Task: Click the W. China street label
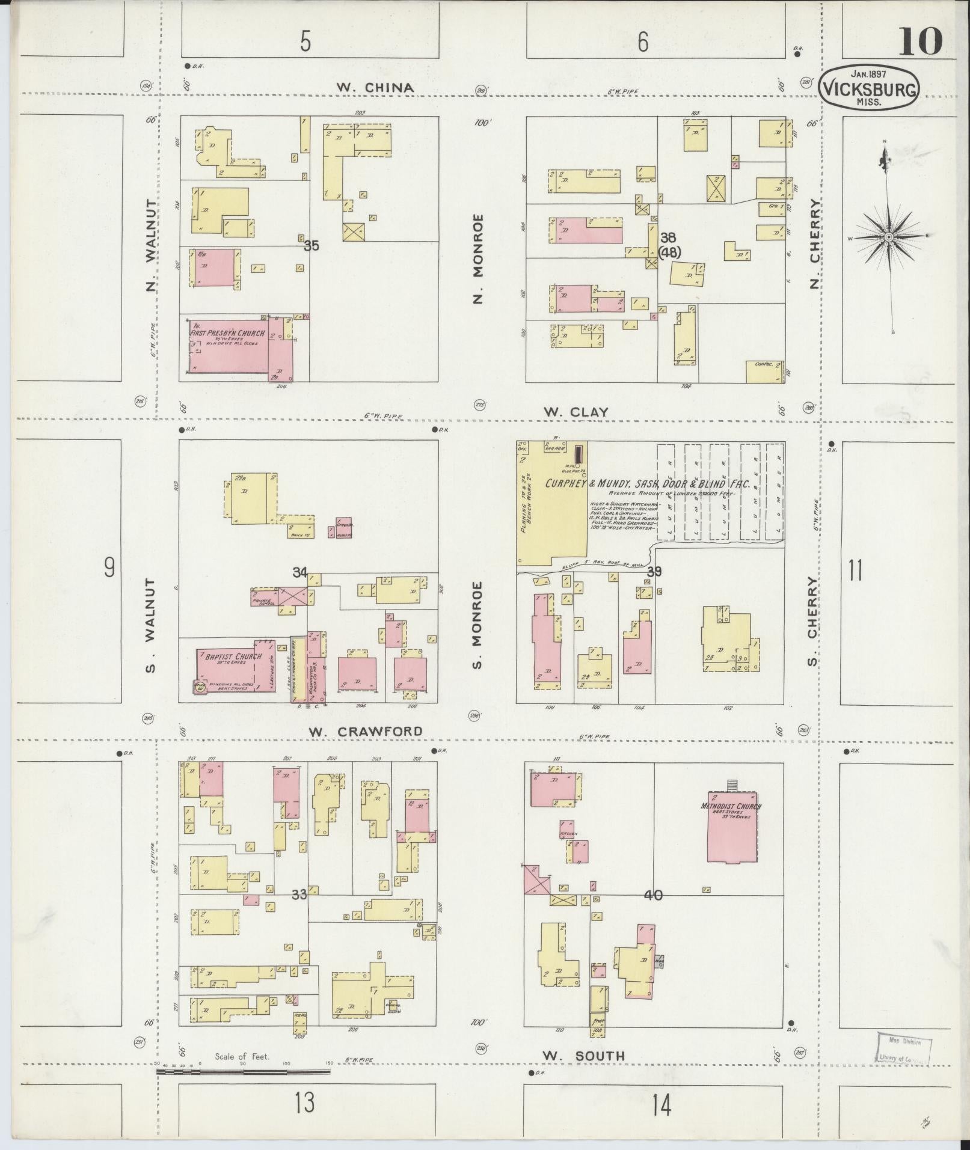click(375, 88)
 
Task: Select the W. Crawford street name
click(366, 731)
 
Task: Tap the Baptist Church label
click(233, 656)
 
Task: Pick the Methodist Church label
click(731, 806)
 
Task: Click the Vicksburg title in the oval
click(870, 89)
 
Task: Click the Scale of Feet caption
click(242, 1056)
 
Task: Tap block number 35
click(311, 245)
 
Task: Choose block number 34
click(299, 572)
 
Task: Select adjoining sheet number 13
click(305, 1103)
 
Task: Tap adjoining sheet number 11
click(855, 570)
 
